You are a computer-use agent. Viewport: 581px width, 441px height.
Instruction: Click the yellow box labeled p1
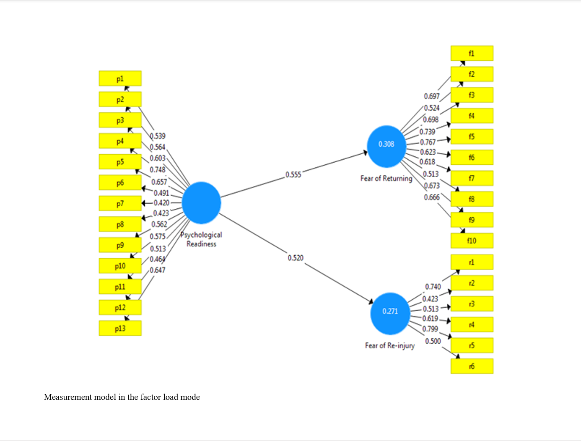[120, 78]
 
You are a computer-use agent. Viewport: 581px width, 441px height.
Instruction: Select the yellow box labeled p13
[120, 328]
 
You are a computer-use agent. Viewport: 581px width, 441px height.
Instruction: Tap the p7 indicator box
[120, 203]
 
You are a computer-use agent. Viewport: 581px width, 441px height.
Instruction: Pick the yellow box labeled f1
[472, 53]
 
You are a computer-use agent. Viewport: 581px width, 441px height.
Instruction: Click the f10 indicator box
[472, 241]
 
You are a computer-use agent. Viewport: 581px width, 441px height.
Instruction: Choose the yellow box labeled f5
[472, 137]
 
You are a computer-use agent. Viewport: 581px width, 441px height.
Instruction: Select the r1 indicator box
[472, 262]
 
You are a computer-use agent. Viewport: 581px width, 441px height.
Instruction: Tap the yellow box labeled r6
[472, 366]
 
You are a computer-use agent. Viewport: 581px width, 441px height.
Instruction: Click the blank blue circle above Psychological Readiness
[201, 203]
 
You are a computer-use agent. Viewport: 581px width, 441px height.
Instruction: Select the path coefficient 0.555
[293, 174]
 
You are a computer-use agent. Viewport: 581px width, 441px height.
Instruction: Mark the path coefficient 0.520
[296, 258]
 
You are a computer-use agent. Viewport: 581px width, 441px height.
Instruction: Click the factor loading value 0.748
[158, 170]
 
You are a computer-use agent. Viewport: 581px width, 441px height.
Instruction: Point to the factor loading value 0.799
[430, 329]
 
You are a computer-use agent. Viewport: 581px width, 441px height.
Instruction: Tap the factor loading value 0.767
[428, 142]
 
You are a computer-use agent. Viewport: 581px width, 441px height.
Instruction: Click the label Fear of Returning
[386, 179]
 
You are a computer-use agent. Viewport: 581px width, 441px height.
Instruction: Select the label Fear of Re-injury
[390, 345]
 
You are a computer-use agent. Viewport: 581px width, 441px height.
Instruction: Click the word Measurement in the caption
[67, 397]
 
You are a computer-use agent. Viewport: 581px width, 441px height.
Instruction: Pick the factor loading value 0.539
[158, 136]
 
